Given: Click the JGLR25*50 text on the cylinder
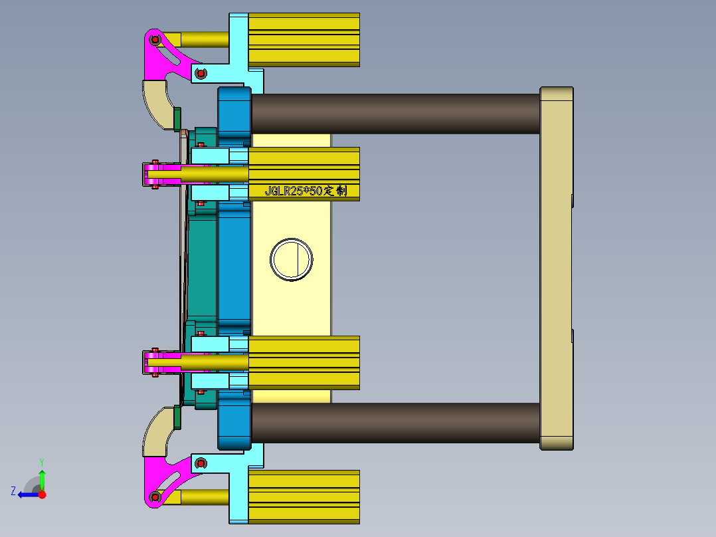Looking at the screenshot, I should [305, 191].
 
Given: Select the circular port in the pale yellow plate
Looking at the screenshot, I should [292, 259].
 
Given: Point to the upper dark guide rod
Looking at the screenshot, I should [395, 114].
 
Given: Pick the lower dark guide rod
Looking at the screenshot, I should [395, 423].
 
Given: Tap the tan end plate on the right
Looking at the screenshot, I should [556, 268].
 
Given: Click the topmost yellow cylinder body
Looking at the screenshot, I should [304, 40].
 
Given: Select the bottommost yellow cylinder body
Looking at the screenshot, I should [304, 496].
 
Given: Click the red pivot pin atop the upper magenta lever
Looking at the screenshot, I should [155, 40].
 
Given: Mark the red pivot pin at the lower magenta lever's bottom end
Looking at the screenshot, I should [155, 496].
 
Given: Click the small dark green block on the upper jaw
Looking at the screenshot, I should [177, 118].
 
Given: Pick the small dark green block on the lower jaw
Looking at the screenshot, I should [177, 417].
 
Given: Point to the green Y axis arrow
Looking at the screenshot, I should [42, 479].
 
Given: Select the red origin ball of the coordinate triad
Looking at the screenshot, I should [42, 494].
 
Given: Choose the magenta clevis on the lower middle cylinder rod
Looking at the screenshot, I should [159, 362].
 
